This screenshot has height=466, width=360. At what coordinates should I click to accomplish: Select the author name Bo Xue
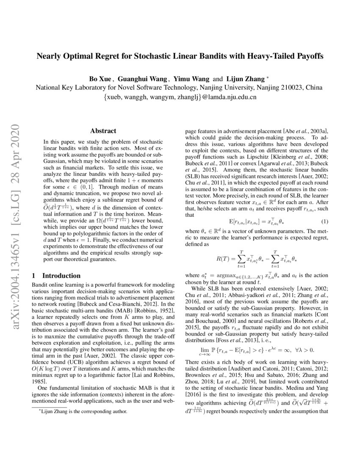[99, 78]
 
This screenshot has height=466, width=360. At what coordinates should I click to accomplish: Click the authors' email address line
[180, 97]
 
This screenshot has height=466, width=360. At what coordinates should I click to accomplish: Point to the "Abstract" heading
[103, 131]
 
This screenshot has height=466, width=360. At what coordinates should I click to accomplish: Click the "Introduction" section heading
[61, 275]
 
